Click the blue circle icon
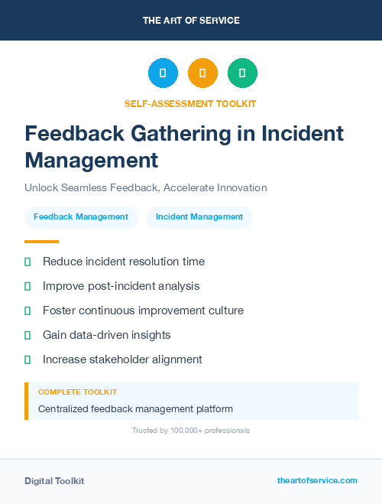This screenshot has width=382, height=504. (x=163, y=73)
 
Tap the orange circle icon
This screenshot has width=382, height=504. (x=202, y=73)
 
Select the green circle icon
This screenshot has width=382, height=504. (x=242, y=73)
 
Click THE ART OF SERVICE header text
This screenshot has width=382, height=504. (x=191, y=21)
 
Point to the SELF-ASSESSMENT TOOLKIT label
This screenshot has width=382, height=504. (x=190, y=103)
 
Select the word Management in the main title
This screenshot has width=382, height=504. (x=92, y=161)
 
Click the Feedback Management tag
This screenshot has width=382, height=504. (x=81, y=216)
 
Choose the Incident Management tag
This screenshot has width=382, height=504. (x=199, y=216)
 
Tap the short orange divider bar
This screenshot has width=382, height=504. (x=41, y=241)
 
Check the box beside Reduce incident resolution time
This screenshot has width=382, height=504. (x=28, y=262)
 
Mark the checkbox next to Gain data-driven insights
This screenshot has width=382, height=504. (x=28, y=335)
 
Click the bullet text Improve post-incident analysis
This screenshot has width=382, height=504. (x=121, y=286)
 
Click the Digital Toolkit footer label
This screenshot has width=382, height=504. (x=54, y=481)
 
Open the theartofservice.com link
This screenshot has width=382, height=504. (x=317, y=480)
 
